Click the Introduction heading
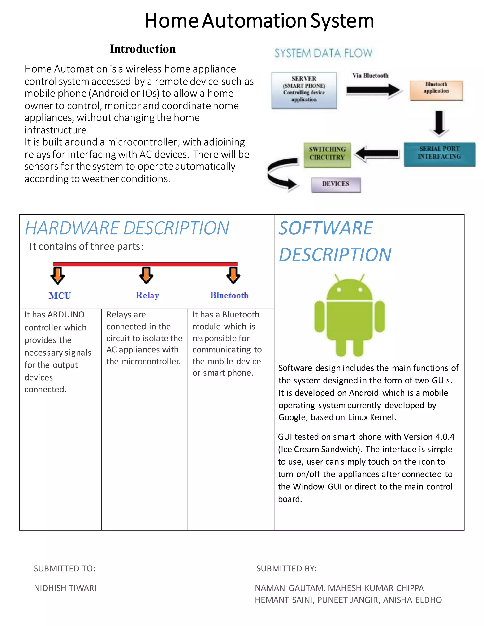click(x=143, y=49)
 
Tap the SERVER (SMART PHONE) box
click(x=304, y=90)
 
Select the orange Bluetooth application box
click(x=436, y=90)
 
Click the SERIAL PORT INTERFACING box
click(x=439, y=154)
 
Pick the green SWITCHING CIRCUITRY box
click(x=327, y=154)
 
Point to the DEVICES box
click(x=336, y=184)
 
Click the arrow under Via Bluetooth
click(x=373, y=90)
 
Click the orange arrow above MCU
click(x=58, y=275)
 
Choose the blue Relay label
click(x=147, y=295)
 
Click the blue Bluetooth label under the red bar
click(x=229, y=295)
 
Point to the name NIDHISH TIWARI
click(x=65, y=588)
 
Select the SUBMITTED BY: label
click(x=286, y=569)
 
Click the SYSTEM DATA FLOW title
click(x=323, y=53)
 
